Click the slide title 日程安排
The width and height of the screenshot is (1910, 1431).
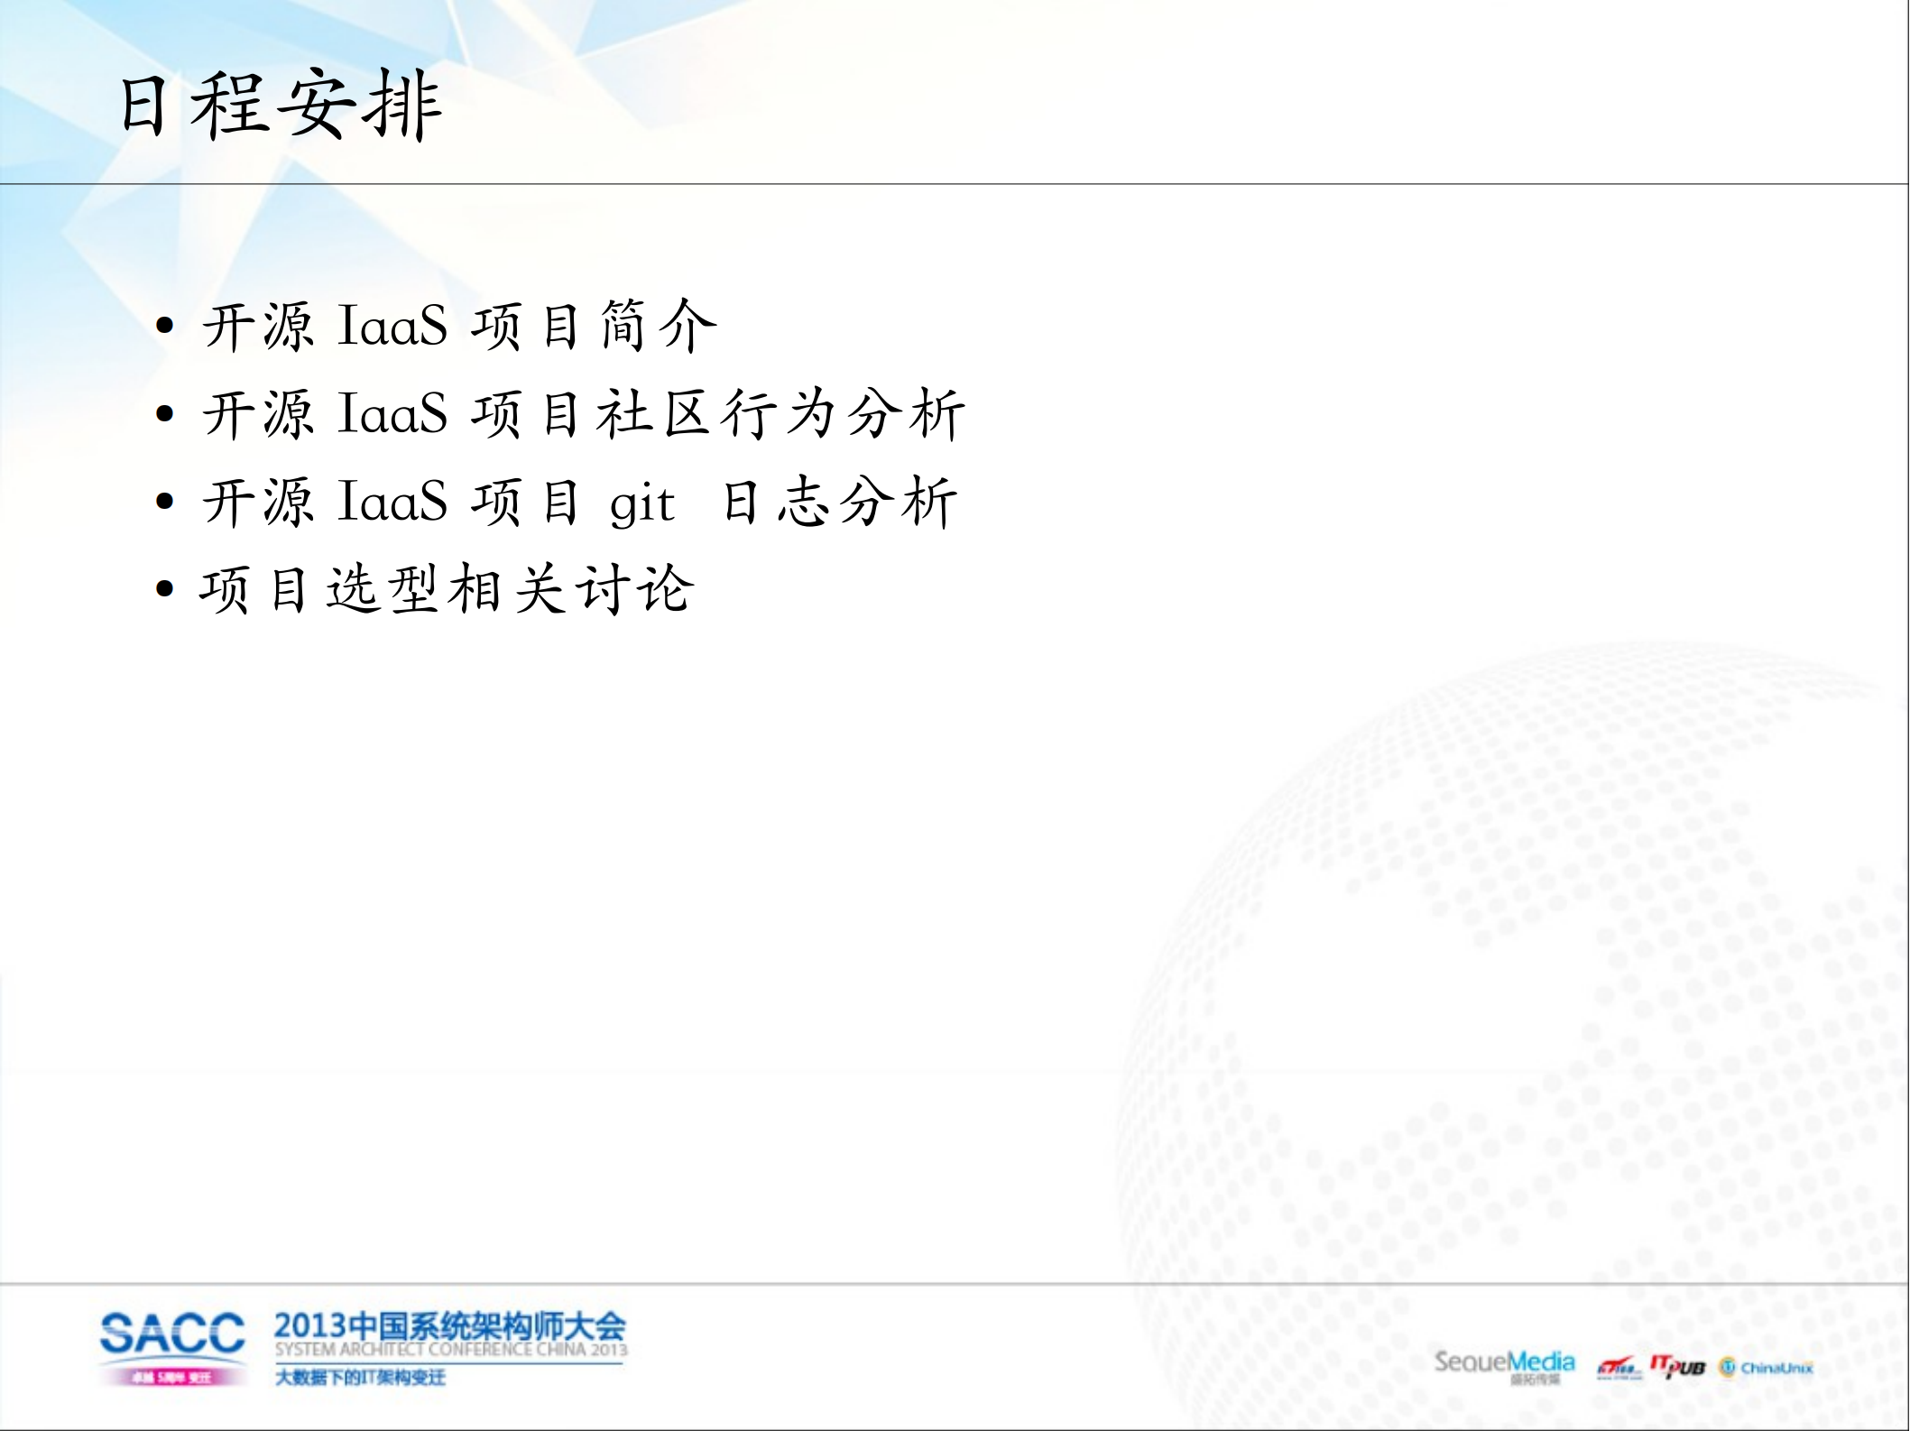[x=280, y=106]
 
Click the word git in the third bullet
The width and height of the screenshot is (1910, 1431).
[x=641, y=503]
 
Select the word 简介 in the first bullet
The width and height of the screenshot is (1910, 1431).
[x=658, y=326]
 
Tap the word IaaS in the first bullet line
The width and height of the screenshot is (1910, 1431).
[x=392, y=326]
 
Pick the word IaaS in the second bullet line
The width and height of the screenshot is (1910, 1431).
[x=392, y=414]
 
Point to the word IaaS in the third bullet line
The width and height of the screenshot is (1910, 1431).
[x=392, y=503]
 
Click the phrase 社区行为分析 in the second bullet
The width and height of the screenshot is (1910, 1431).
[x=780, y=414]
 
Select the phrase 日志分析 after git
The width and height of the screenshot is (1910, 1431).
[x=839, y=503]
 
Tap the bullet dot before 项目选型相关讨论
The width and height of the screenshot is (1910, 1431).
[x=164, y=590]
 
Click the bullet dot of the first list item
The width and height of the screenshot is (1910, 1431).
[x=164, y=327]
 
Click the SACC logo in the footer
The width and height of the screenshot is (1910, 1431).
[x=171, y=1334]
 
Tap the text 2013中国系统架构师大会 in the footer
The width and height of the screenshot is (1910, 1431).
[x=449, y=1326]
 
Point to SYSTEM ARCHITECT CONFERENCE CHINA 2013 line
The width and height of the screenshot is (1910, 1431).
[x=450, y=1350]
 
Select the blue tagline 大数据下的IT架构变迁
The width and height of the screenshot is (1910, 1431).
[x=359, y=1378]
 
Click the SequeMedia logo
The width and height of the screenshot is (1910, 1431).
[x=1504, y=1363]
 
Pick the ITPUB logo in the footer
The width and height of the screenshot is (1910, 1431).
[x=1677, y=1367]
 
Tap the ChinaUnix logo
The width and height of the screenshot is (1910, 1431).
[x=1766, y=1368]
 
